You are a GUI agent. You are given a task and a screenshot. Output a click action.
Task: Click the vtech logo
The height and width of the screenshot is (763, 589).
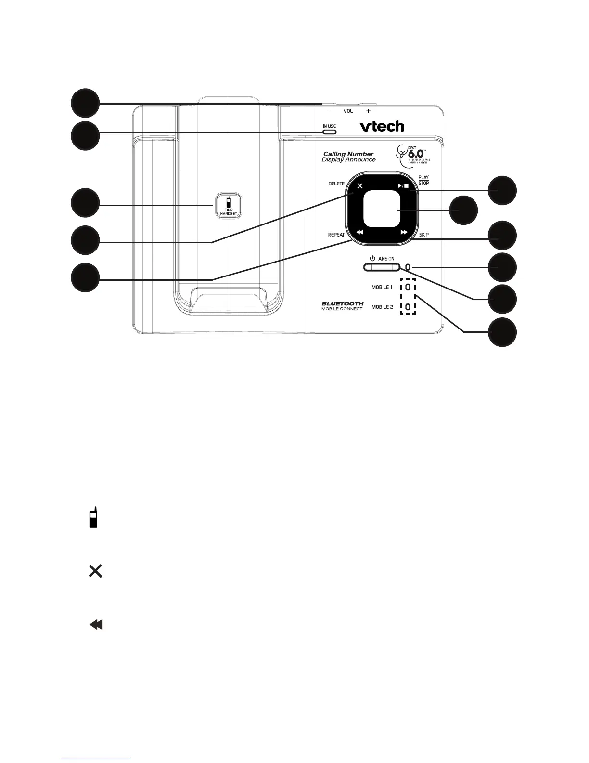coord(382,126)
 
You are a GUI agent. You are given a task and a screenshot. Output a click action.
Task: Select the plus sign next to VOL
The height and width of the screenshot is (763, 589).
coord(368,111)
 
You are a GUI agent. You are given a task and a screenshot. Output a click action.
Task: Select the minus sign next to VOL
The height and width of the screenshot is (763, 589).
coord(327,111)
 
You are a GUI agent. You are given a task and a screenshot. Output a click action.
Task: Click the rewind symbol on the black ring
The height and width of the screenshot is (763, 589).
coord(360,232)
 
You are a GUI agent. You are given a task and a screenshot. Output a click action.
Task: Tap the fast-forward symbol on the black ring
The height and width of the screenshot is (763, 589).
coord(404,232)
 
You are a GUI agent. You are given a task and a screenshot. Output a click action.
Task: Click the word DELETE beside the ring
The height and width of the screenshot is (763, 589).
coord(336,184)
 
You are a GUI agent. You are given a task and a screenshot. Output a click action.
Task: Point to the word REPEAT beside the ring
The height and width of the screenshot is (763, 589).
coord(336,235)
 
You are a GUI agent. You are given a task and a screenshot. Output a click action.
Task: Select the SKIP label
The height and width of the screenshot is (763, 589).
coord(423,235)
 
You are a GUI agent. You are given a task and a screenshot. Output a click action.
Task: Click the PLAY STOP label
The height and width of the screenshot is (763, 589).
coord(423,180)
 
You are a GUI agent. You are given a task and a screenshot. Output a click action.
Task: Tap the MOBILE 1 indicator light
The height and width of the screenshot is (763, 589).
coord(408,287)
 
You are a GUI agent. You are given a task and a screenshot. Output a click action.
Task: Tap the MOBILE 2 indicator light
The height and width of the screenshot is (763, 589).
coord(408,307)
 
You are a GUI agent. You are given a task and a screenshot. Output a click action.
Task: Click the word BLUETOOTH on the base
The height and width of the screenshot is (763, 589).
coord(343,303)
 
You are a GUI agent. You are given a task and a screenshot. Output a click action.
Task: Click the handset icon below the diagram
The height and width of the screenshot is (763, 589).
coord(93,517)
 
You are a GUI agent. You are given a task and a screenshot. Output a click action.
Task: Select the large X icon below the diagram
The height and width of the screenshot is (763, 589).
coord(95,571)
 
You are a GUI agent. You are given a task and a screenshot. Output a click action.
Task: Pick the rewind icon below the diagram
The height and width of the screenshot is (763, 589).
coord(96,625)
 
